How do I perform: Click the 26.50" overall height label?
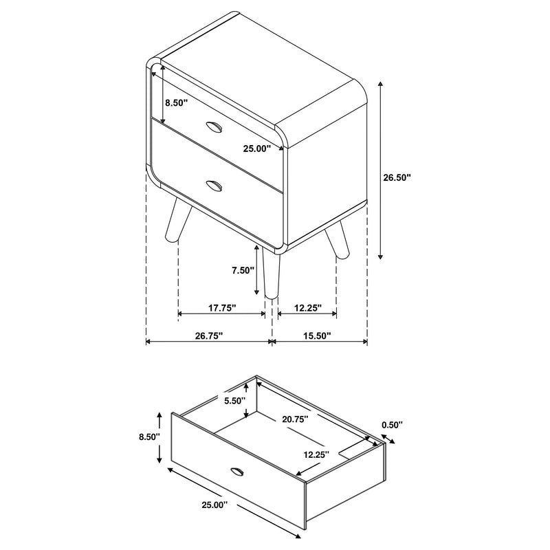[x=397, y=177]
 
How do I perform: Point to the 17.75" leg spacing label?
[x=221, y=309]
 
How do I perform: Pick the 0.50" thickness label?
[x=392, y=425]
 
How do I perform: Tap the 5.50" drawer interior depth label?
[x=234, y=401]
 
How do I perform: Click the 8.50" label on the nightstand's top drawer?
[x=176, y=102]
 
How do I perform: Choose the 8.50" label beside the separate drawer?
[x=148, y=436]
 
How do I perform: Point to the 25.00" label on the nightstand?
[x=257, y=147]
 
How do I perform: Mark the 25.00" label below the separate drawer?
[x=213, y=505]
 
